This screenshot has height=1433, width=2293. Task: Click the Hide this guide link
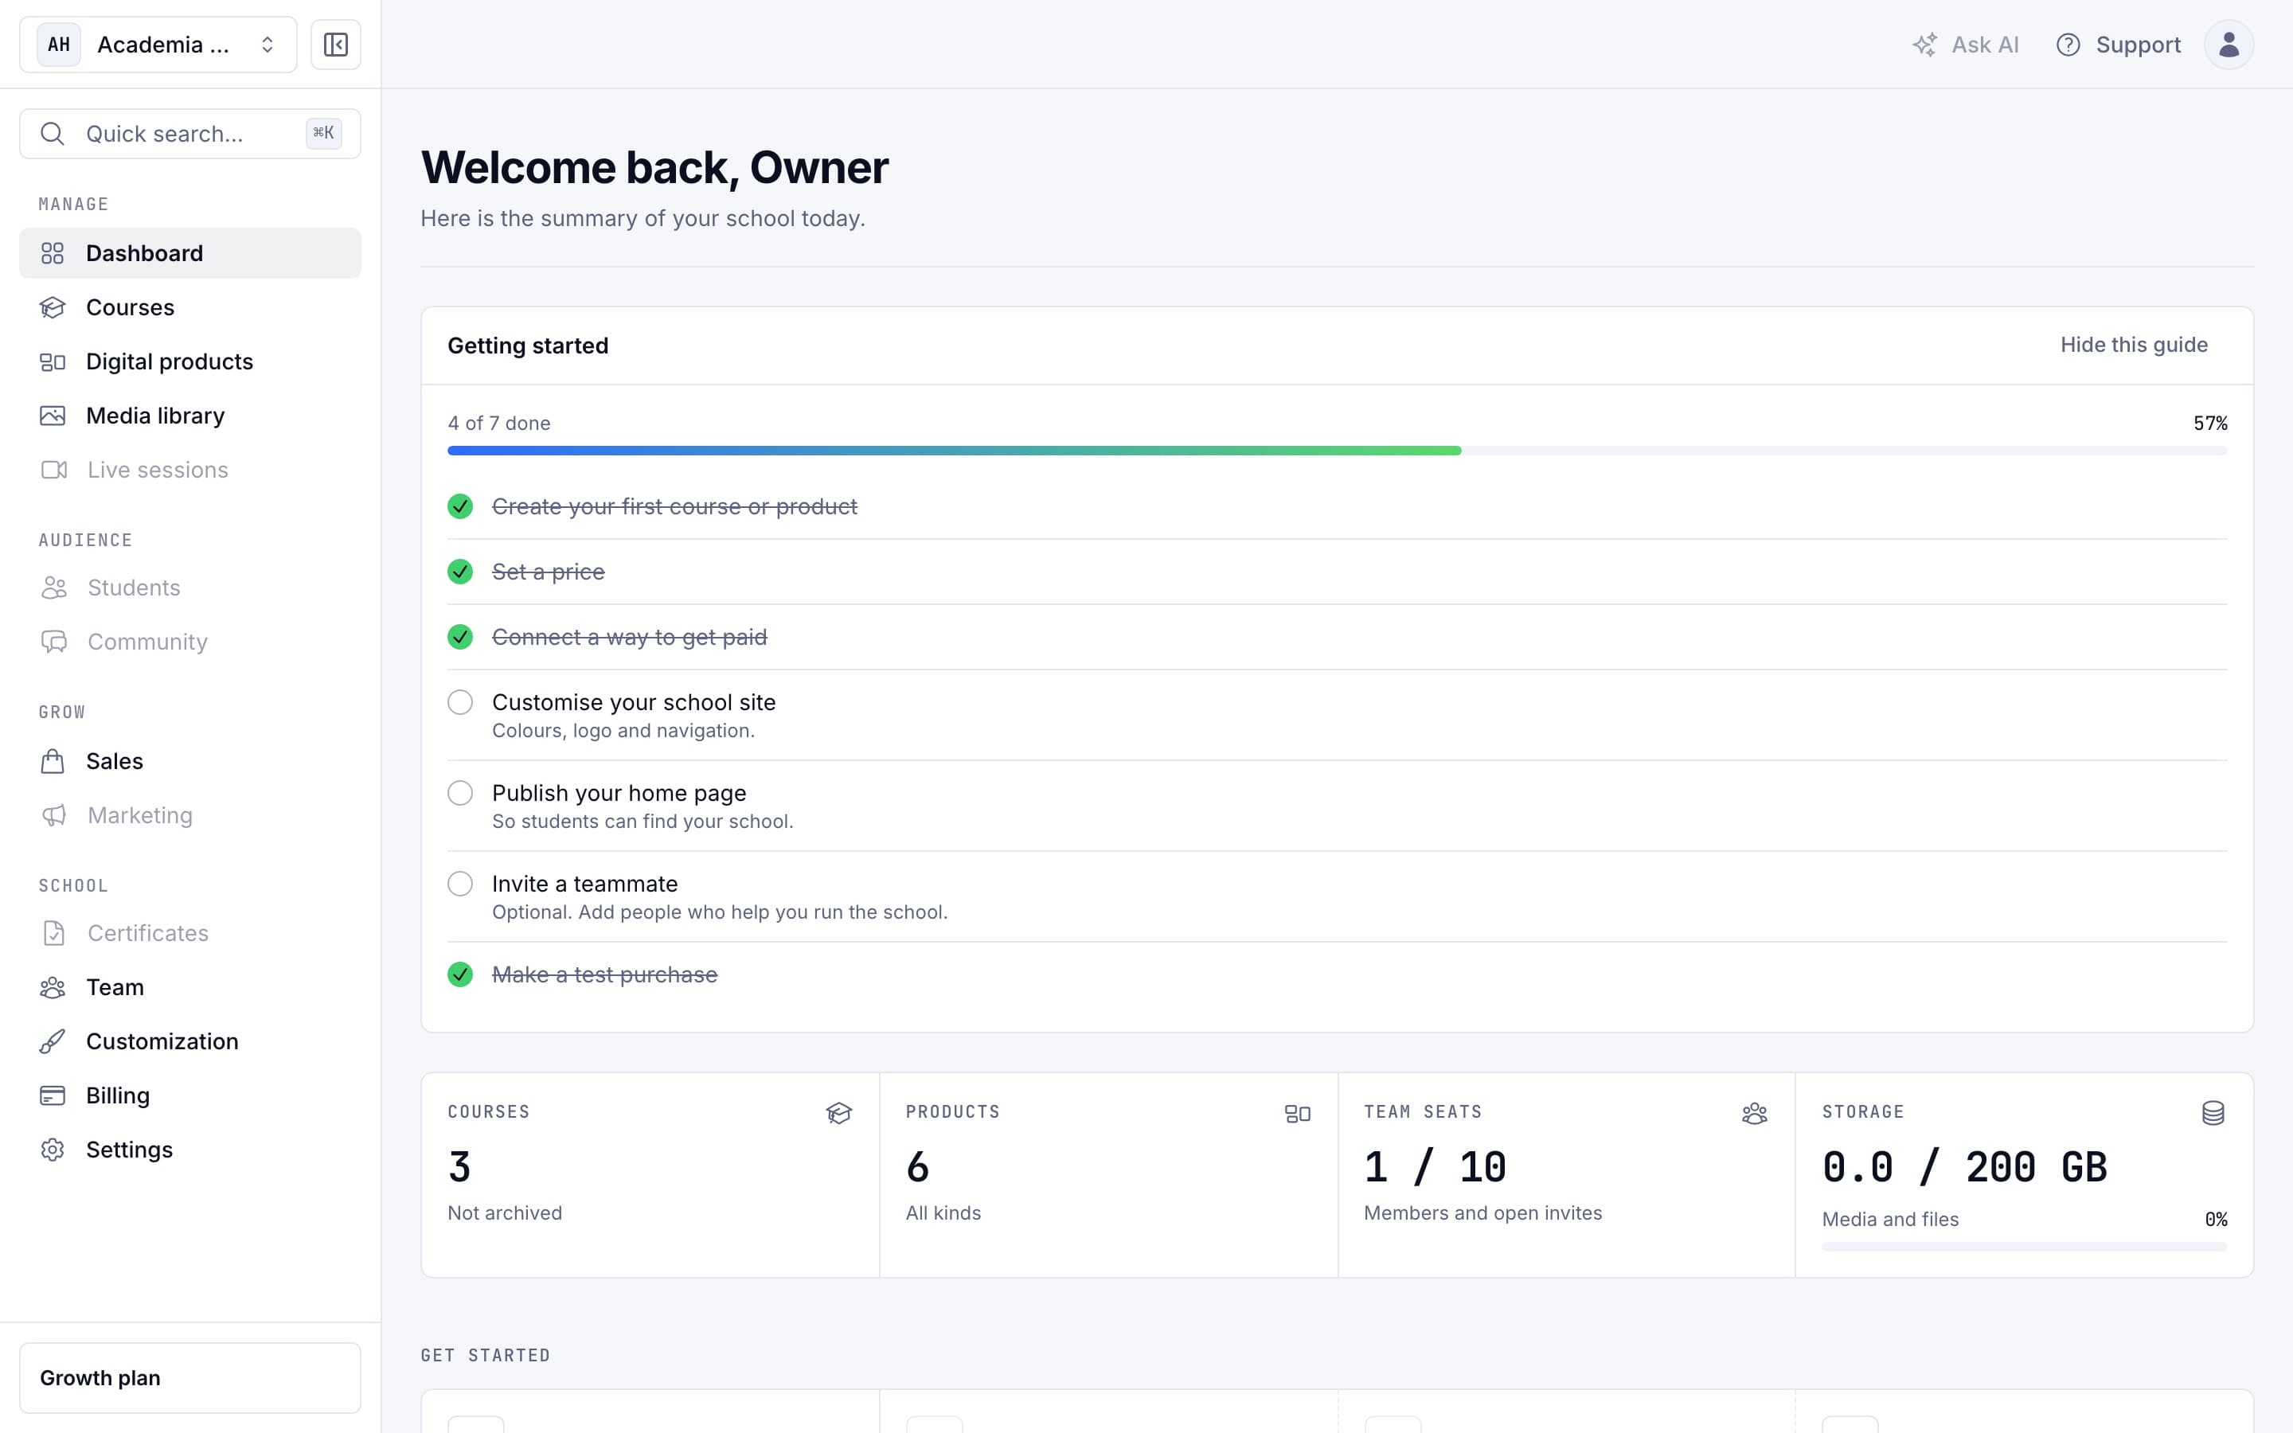coord(2133,345)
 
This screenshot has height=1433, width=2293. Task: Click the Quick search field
coord(189,134)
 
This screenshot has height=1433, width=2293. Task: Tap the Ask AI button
coord(1965,45)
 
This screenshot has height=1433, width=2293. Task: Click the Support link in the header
coord(2118,45)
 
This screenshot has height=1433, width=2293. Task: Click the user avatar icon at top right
coord(2229,45)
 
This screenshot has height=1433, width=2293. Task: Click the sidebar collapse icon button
coord(335,45)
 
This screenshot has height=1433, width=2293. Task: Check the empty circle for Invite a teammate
coord(460,884)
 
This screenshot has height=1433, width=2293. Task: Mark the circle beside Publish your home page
coord(460,793)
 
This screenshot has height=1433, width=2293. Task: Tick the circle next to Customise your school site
coord(460,702)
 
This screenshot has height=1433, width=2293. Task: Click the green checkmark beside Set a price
coord(460,572)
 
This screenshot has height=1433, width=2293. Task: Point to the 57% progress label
coord(2209,424)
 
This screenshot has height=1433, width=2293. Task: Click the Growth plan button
coord(189,1378)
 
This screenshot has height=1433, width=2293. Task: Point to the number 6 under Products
coord(917,1166)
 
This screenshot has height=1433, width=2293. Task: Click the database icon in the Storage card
coord(2213,1113)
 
